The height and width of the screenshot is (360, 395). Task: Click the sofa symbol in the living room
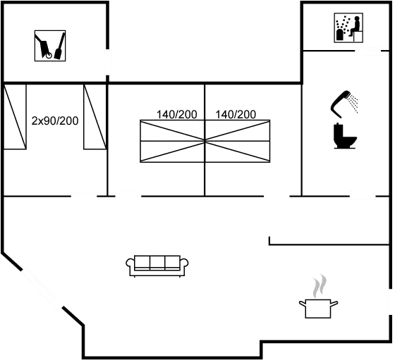coord(157,266)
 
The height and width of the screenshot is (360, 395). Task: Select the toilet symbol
coord(345,135)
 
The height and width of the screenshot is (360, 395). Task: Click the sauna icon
coord(348,27)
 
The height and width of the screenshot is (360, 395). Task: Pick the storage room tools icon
coord(50,46)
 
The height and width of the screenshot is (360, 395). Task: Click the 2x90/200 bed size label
coord(55,121)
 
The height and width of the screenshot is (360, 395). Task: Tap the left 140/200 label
coord(176,114)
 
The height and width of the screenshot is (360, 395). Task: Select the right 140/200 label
coord(236,114)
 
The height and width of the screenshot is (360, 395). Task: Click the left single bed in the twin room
coord(15,117)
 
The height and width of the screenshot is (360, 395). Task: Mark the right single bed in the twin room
coord(95,117)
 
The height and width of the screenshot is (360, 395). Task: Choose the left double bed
coord(173,141)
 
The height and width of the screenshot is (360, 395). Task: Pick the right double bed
coord(238,141)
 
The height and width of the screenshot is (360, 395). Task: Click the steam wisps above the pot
coord(320,286)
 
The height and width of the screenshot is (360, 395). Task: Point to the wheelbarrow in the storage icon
coord(44,46)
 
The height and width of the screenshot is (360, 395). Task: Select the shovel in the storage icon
coord(59,46)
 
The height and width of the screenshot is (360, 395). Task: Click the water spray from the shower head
coord(353,103)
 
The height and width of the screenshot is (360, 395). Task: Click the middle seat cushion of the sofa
coord(157,263)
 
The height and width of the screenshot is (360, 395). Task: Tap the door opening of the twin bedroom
coord(84,196)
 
